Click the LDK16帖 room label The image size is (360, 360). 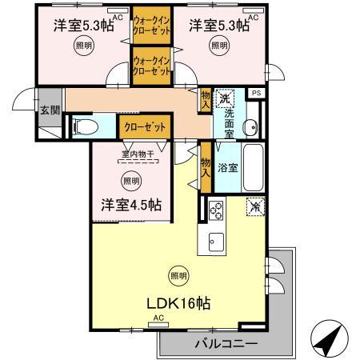click(x=178, y=304)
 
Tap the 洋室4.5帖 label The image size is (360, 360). click(x=130, y=204)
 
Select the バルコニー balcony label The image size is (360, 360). click(x=226, y=344)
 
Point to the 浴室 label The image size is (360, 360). click(x=228, y=168)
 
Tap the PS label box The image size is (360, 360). click(x=256, y=94)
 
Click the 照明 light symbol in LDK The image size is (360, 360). click(x=178, y=276)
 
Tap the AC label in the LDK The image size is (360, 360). click(x=158, y=319)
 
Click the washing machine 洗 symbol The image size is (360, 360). click(x=226, y=97)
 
